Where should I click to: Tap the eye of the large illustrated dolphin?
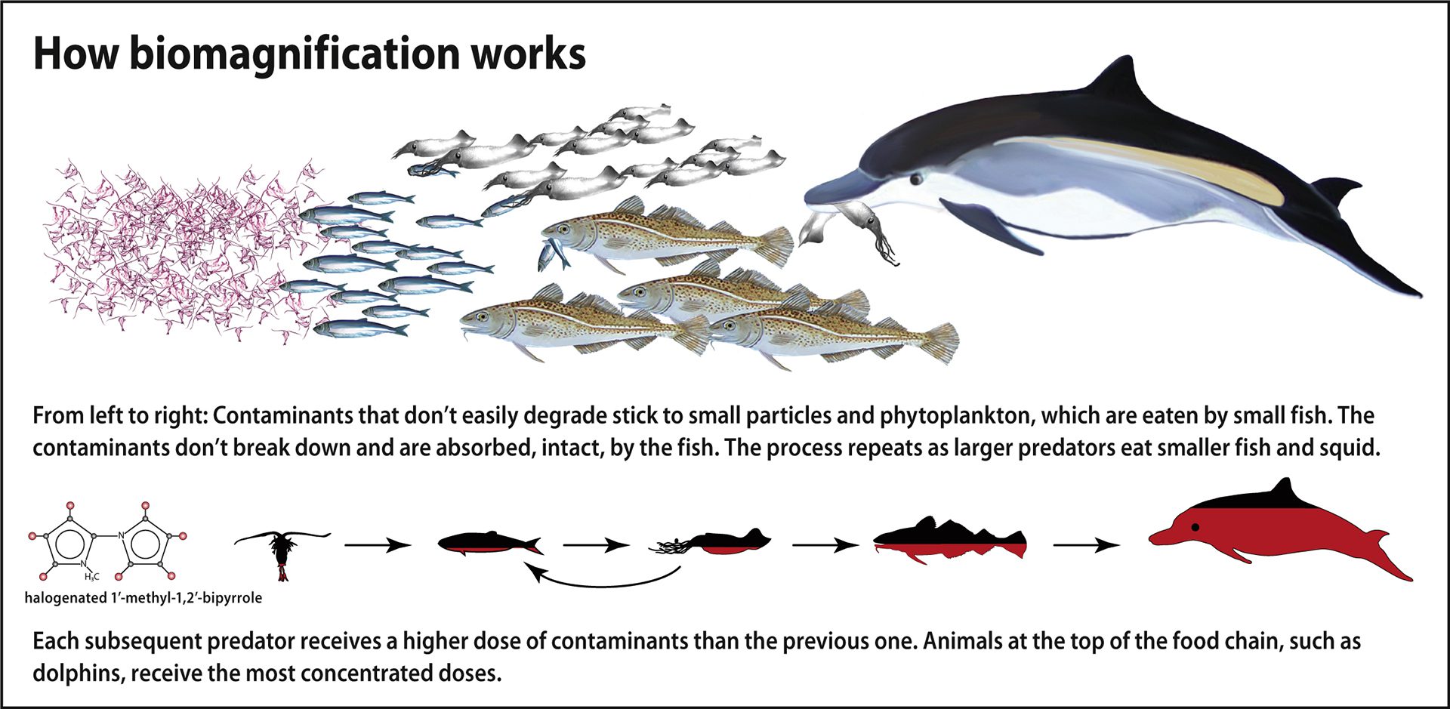point(917,179)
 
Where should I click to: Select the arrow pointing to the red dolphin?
point(1087,544)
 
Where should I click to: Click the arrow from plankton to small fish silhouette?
point(378,544)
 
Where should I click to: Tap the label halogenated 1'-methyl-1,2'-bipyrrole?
point(143,598)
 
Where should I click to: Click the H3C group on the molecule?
point(91,577)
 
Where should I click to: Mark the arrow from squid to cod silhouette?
point(825,544)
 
